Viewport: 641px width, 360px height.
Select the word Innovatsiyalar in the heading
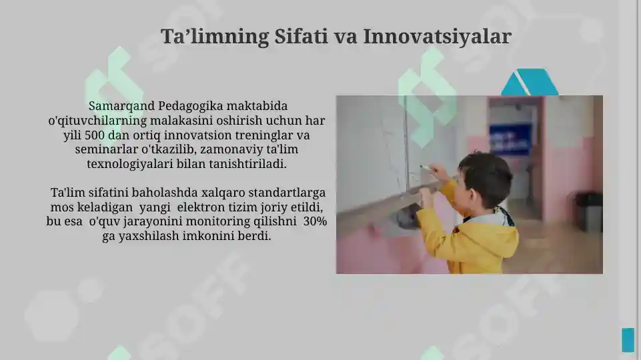coord(437,37)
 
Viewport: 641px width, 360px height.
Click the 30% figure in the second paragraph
coord(315,221)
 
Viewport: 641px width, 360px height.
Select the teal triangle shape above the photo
coord(529,83)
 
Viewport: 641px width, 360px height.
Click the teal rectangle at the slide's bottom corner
coord(628,339)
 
